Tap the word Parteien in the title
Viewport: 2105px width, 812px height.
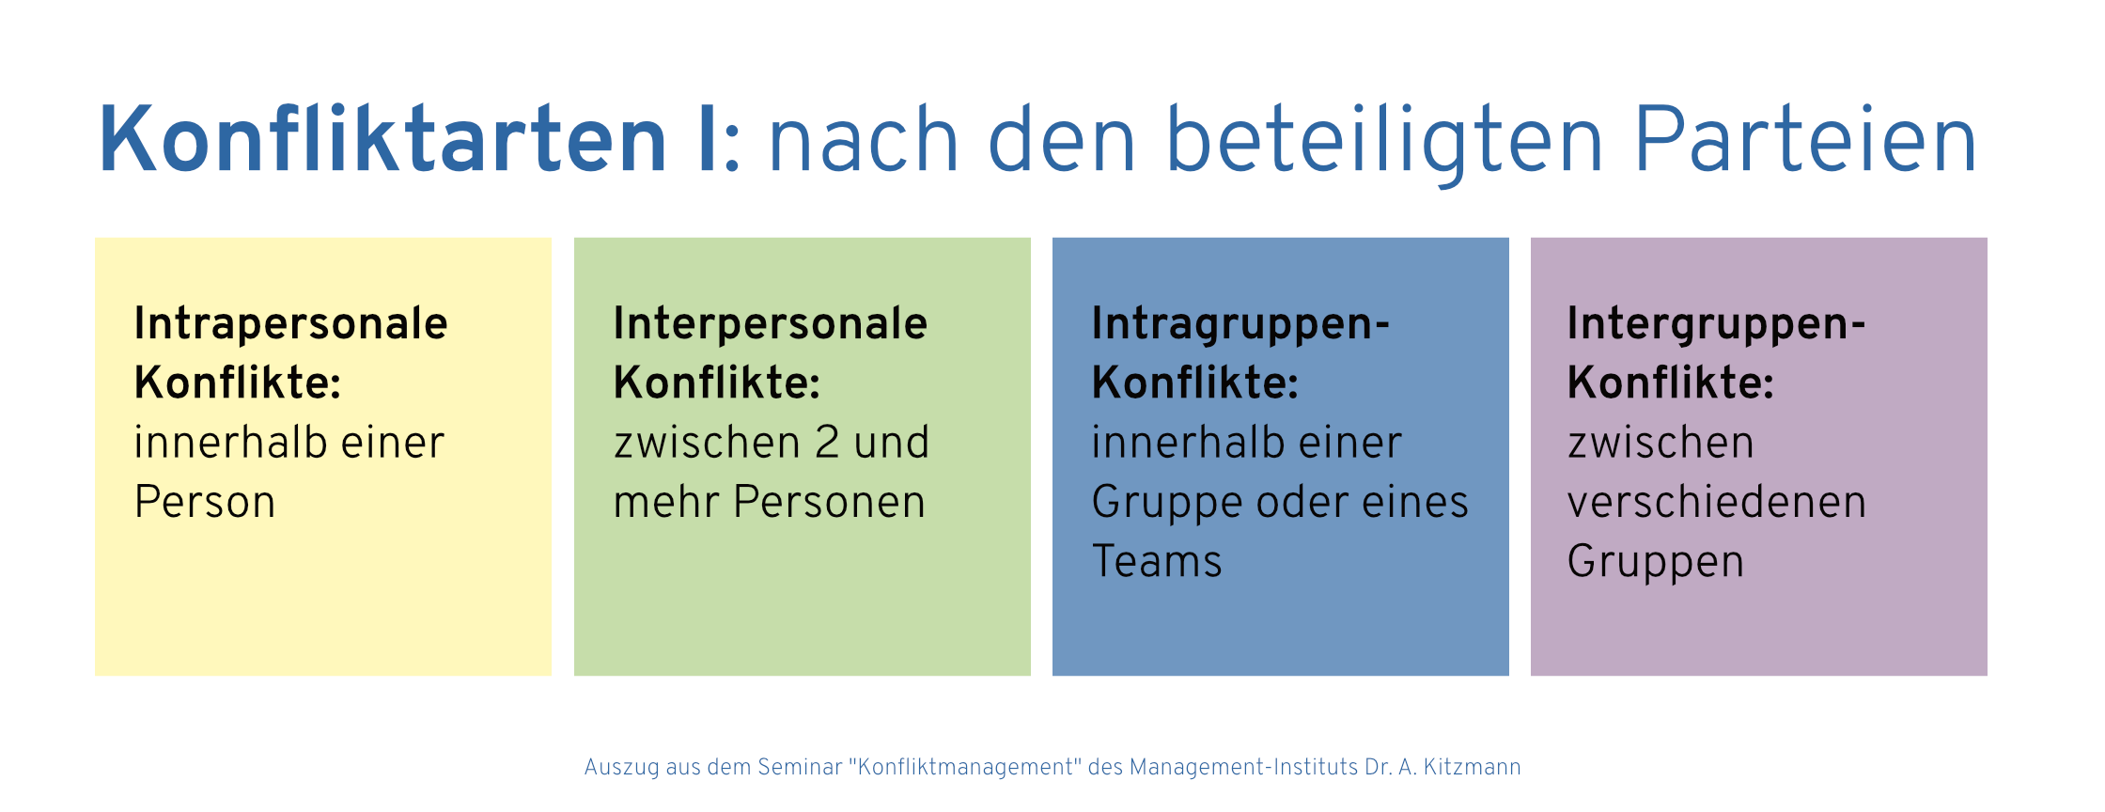point(1805,139)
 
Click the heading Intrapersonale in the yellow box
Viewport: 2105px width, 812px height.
point(290,324)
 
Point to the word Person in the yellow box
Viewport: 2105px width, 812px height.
point(205,501)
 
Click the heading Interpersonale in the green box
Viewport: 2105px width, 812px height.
point(771,323)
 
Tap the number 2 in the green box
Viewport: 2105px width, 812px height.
point(827,443)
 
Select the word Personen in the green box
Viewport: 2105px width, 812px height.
point(829,501)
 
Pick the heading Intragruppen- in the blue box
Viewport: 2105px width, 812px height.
point(1240,324)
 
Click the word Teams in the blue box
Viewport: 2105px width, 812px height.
point(1157,561)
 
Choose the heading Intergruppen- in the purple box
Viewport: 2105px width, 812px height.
point(1716,324)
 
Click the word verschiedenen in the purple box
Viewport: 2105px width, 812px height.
point(1717,501)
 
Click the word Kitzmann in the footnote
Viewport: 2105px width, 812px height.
point(1472,767)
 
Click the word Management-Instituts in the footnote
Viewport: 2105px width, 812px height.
point(1244,768)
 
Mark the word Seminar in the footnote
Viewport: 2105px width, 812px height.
point(800,767)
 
